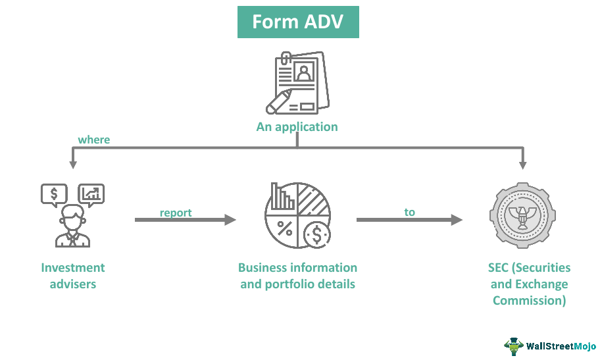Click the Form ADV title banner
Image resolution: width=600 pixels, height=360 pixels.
click(x=298, y=22)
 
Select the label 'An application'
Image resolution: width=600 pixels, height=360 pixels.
click(x=297, y=127)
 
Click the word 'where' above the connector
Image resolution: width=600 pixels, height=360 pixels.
click(x=94, y=140)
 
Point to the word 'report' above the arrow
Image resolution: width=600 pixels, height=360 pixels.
click(x=176, y=213)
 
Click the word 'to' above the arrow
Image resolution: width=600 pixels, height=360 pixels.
click(x=410, y=212)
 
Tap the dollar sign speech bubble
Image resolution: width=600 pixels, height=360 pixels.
click(x=53, y=193)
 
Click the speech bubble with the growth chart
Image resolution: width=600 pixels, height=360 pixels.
click(x=91, y=193)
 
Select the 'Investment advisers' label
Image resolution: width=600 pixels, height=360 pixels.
click(x=73, y=276)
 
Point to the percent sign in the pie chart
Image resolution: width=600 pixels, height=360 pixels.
click(x=285, y=228)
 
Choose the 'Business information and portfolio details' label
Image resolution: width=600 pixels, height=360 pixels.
click(x=297, y=276)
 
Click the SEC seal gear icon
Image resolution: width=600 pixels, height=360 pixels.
click(x=523, y=216)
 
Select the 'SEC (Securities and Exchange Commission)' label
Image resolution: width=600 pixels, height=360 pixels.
click(x=530, y=284)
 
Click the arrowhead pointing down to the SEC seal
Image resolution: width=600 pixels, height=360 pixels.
click(x=523, y=162)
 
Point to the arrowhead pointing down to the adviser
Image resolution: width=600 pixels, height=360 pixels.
click(x=72, y=162)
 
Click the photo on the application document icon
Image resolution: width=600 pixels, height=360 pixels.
click(x=303, y=71)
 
